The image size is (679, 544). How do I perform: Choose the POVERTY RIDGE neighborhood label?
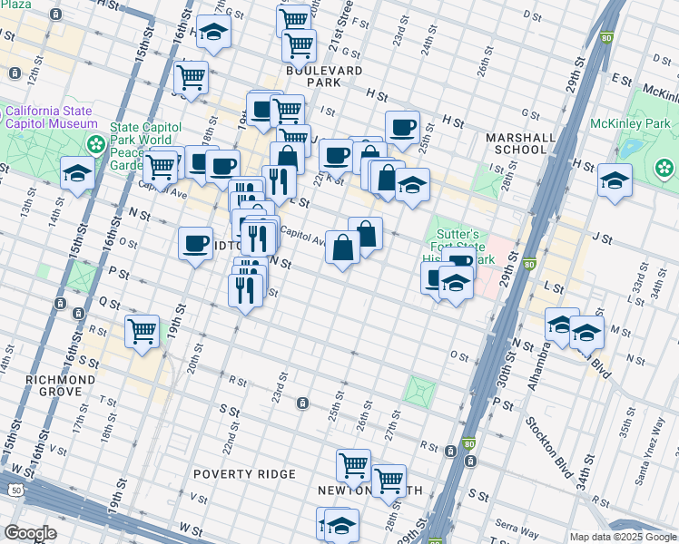coord(244,474)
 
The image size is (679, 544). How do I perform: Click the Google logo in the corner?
coord(30,533)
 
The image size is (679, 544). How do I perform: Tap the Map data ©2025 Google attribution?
coord(622,537)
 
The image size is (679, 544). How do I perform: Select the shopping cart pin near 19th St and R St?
coord(143,333)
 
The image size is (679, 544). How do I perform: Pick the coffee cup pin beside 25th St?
coord(402,128)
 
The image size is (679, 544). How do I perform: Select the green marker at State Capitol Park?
coord(94,145)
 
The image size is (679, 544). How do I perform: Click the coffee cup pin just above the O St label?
coord(195,243)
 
